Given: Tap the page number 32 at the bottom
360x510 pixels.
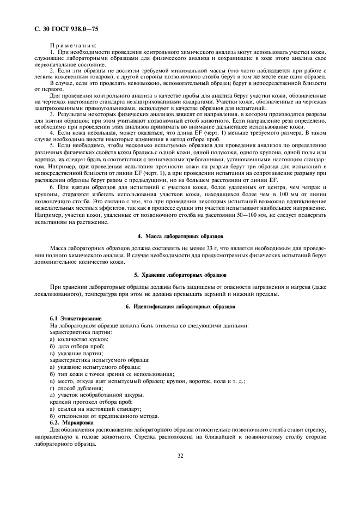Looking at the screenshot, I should [x=179, y=456].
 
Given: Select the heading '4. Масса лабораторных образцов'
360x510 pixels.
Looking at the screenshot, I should [x=179, y=236].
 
